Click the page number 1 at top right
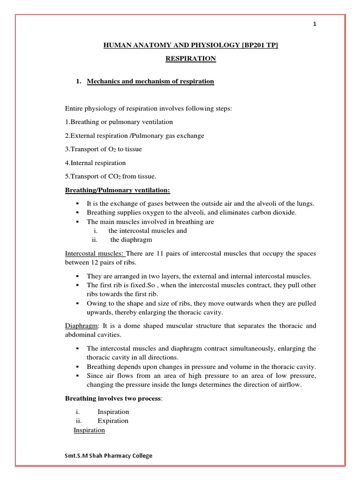tap(315, 25)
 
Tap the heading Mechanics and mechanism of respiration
tap(150, 82)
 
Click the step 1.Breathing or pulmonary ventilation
tap(119, 122)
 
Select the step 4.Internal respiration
tap(95, 163)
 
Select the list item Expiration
tap(113, 420)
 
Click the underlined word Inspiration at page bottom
tap(89, 430)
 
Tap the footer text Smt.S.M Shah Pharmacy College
tap(109, 456)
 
